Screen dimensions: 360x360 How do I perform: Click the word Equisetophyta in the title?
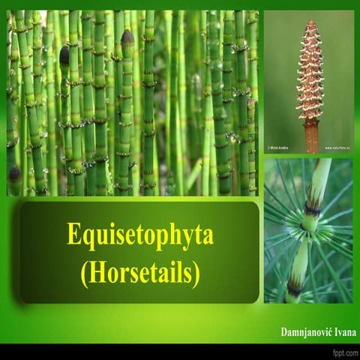139,235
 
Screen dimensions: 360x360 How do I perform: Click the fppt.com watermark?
343,352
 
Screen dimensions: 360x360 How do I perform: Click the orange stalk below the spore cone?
311,137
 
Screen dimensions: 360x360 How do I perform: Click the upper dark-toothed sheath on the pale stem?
313,209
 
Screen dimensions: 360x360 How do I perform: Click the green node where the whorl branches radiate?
308,223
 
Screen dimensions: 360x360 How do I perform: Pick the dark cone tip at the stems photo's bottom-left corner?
14,173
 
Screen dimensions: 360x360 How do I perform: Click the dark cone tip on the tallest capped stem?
127,37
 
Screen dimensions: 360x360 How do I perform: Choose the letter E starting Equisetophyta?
73,235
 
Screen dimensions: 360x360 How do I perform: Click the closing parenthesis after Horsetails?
196,273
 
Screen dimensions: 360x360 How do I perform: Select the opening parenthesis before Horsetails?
84,273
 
